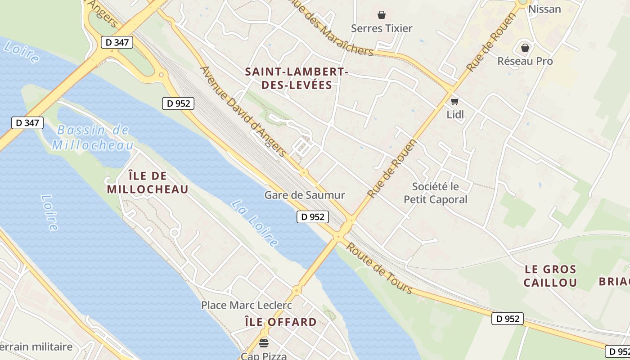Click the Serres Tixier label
(x=382, y=28)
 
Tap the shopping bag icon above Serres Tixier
(x=382, y=15)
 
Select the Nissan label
(x=544, y=9)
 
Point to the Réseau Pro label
(x=525, y=61)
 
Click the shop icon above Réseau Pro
(x=525, y=47)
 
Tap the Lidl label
(x=455, y=115)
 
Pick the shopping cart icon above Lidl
(x=455, y=101)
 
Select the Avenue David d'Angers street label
(x=243, y=112)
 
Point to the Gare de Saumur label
(x=305, y=195)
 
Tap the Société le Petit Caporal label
(x=436, y=193)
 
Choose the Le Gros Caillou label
(x=550, y=276)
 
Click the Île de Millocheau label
(x=148, y=182)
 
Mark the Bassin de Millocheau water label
(x=93, y=138)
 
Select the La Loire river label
(x=255, y=224)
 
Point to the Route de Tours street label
(x=379, y=268)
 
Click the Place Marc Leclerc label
(x=247, y=305)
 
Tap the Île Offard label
(x=280, y=322)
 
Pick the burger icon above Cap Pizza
(x=264, y=343)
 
